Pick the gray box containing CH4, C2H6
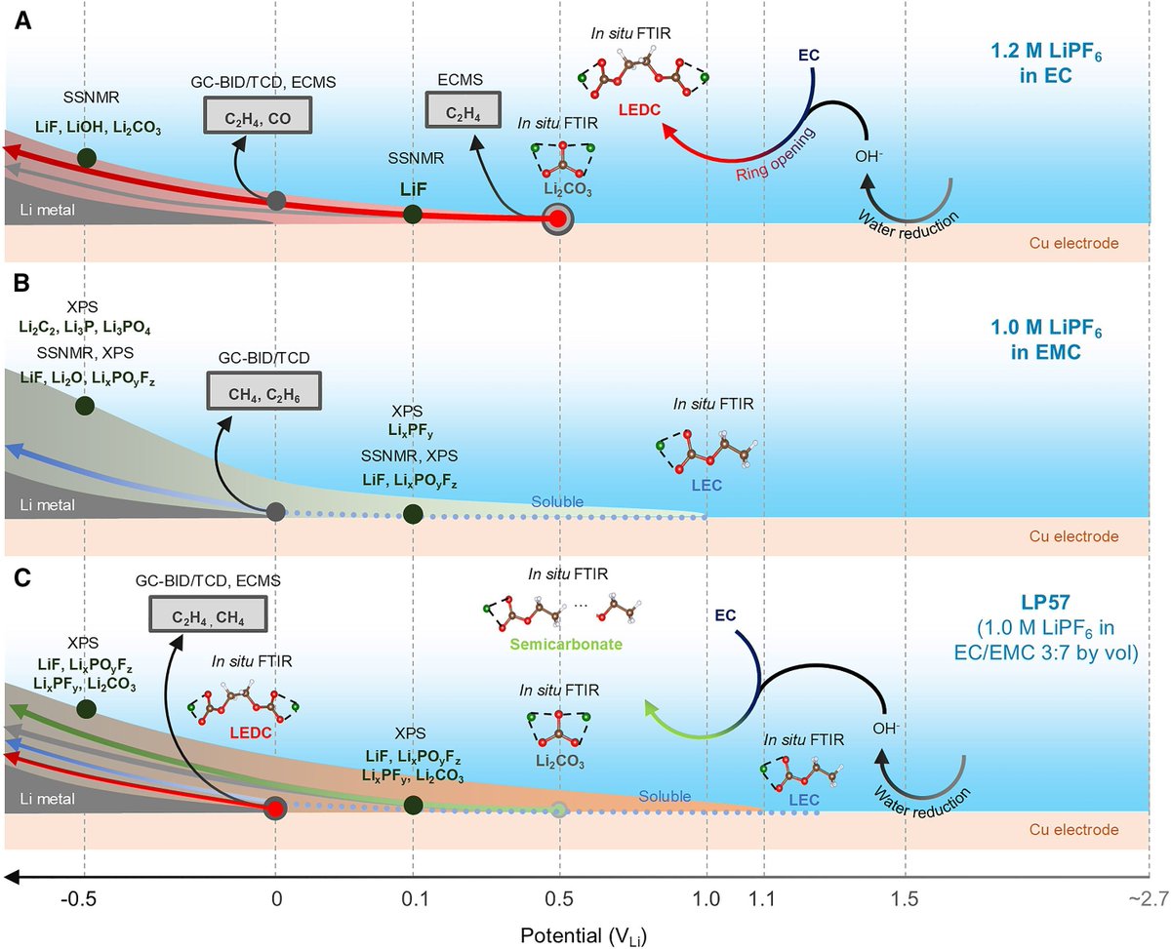pos(264,393)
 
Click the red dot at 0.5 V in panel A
pos(557,219)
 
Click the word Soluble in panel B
pos(557,501)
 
